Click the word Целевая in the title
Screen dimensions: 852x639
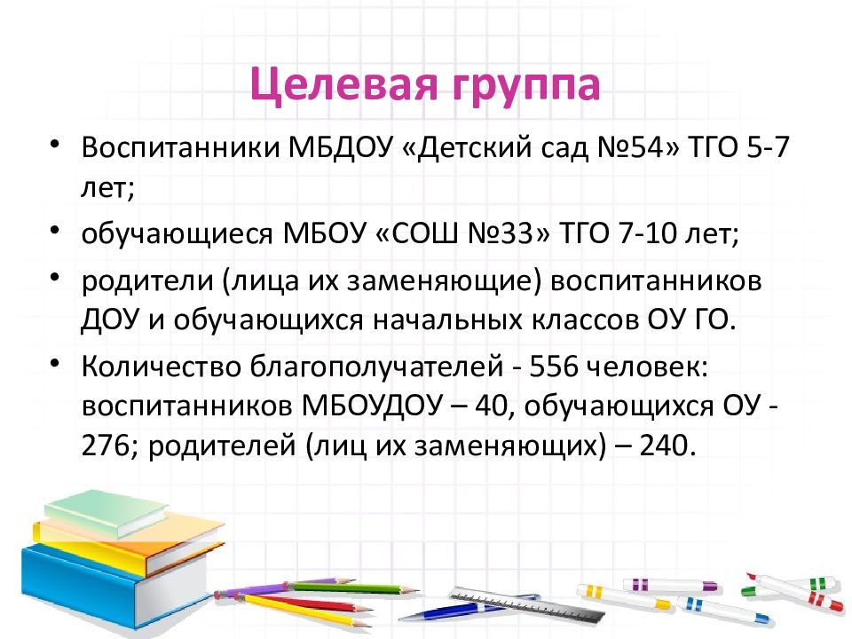click(x=344, y=86)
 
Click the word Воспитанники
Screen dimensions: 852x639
click(x=180, y=147)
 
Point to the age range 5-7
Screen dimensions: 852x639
click(x=768, y=146)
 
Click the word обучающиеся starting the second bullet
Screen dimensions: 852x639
click(x=177, y=234)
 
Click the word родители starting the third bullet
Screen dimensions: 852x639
click(x=148, y=281)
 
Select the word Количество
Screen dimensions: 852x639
click(x=162, y=367)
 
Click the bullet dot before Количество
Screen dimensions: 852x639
click(x=54, y=364)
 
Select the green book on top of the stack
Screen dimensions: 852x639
click(x=106, y=512)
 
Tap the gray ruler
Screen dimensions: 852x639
click(x=528, y=605)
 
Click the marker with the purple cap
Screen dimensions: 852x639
click(x=670, y=586)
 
